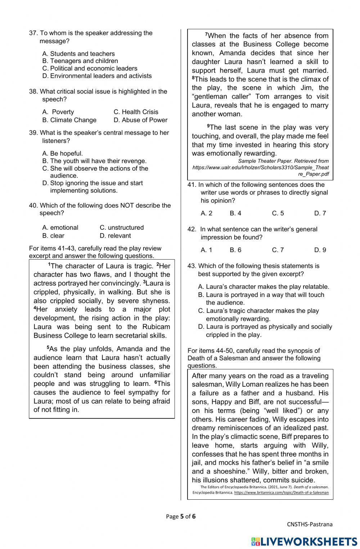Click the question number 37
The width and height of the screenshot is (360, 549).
(33, 33)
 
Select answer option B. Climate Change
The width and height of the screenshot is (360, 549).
(69, 120)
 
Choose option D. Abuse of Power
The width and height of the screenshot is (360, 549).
(140, 120)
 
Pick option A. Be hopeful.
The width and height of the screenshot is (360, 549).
(62, 153)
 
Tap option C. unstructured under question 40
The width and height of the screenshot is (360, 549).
(121, 228)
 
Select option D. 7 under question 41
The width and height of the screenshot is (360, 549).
(320, 213)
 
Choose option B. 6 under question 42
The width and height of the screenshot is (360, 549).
(235, 250)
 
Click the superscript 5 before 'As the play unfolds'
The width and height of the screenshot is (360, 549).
(48, 348)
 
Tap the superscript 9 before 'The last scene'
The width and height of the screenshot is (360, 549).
(208, 126)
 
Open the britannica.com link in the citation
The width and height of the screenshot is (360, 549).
(281, 492)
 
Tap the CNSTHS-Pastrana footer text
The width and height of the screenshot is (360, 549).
(310, 524)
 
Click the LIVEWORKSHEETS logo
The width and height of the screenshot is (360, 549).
(304, 541)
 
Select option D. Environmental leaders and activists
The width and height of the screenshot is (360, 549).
(97, 76)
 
